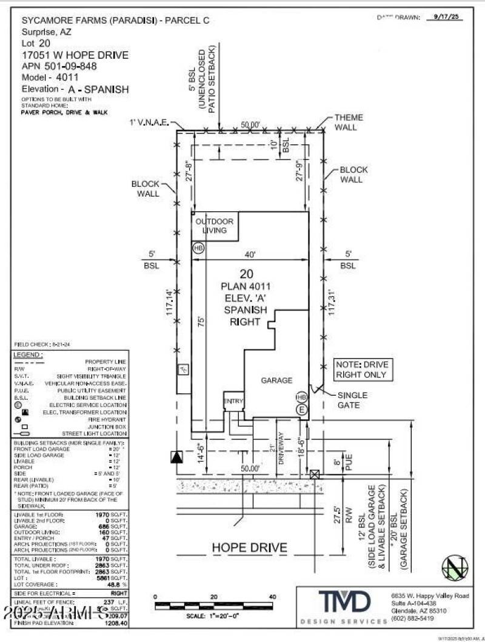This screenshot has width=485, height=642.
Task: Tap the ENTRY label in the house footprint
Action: pos(233,402)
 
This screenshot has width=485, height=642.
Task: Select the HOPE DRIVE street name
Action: pos(249,548)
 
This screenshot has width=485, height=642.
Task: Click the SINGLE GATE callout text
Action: pos(352,400)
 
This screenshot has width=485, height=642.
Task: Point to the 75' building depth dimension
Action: pos(199,337)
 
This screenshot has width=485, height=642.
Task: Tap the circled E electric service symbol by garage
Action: pos(301,410)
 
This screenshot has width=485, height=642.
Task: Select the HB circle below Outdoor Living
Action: pos(198,248)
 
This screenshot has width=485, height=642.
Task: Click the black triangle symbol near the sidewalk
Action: pos(176,457)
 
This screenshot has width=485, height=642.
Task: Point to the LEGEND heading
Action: pos(28,354)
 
